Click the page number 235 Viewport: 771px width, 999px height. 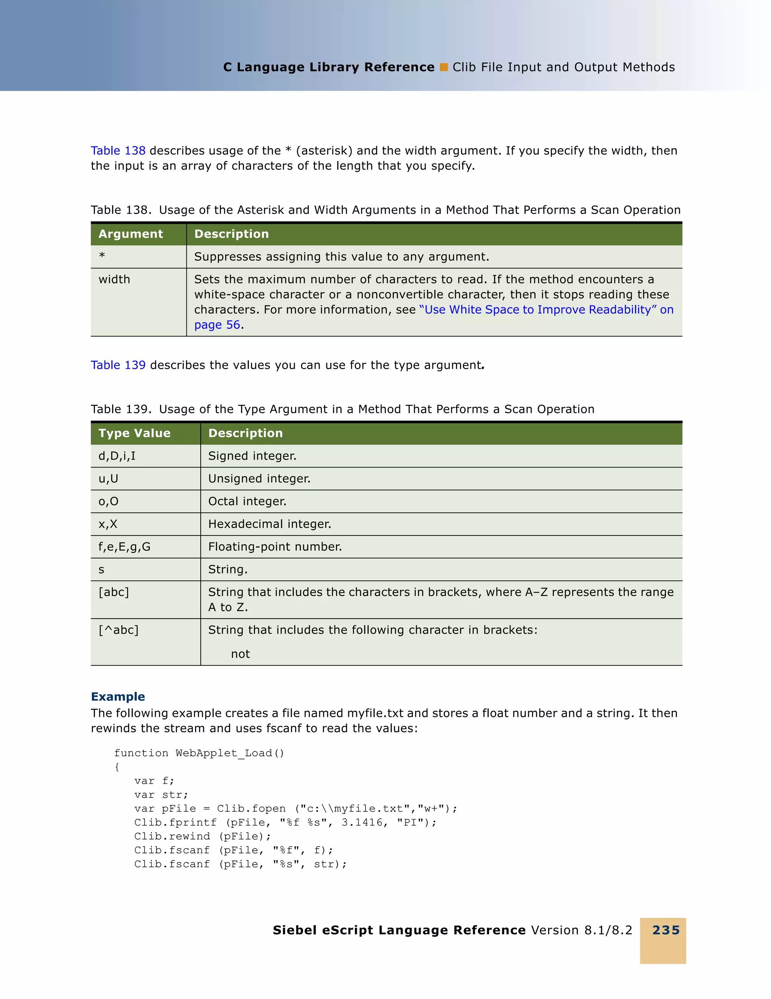click(665, 930)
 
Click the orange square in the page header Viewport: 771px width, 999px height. click(443, 67)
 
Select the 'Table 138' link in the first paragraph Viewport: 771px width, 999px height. click(118, 151)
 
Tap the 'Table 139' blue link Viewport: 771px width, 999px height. click(118, 365)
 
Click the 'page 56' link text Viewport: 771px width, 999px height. click(217, 325)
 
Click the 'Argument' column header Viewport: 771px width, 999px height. click(130, 234)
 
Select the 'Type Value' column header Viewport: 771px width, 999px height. click(134, 433)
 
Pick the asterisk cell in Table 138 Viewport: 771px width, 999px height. click(102, 256)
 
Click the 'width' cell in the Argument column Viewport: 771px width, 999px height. click(114, 280)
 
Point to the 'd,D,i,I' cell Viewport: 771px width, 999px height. click(117, 456)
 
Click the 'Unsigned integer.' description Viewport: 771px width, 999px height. click(259, 479)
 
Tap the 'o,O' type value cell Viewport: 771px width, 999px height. click(108, 501)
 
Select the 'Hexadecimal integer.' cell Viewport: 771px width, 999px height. click(270, 524)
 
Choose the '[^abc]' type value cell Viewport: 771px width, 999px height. click(119, 630)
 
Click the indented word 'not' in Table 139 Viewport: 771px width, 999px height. click(240, 654)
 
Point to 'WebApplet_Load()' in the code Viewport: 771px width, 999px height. click(230, 753)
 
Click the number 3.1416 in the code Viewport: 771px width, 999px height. click(361, 823)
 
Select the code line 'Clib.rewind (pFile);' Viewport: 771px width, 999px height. click(202, 836)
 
